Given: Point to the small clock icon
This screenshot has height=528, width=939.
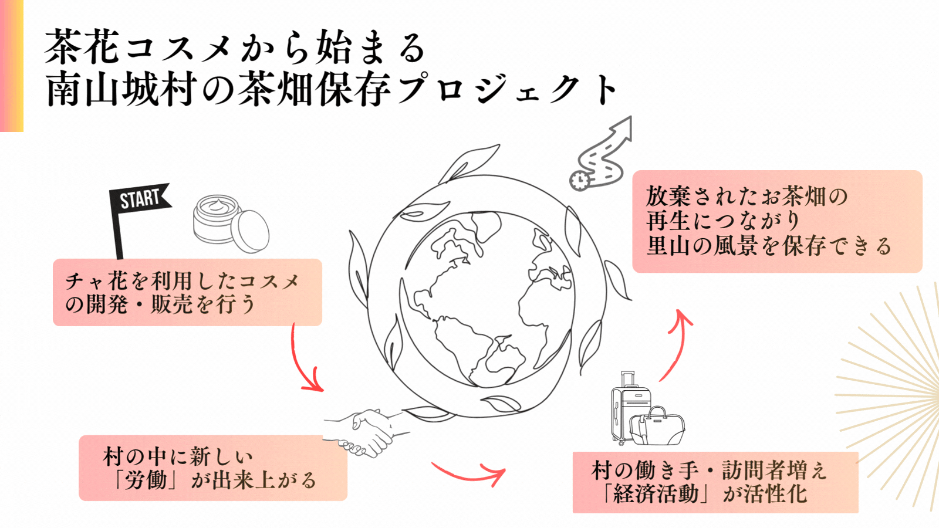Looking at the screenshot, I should pyautogui.click(x=579, y=180).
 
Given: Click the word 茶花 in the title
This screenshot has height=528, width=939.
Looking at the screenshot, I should pyautogui.click(x=82, y=47).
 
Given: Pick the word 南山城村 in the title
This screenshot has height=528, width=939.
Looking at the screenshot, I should pyautogui.click(x=120, y=90).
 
